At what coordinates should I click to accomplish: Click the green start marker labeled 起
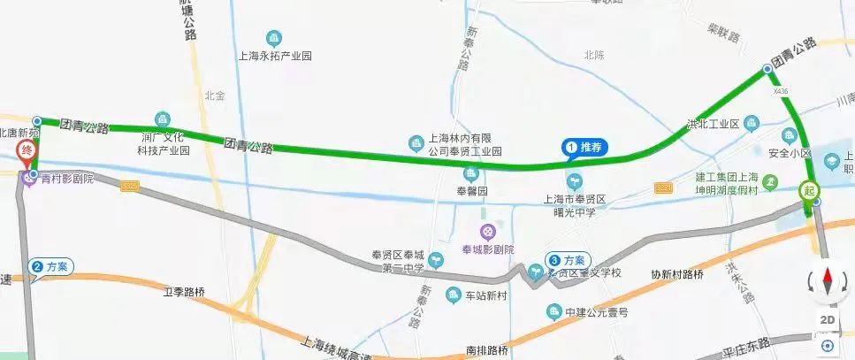(x=807, y=189)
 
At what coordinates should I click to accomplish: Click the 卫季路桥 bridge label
(x=184, y=290)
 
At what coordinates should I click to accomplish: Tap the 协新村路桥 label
(x=676, y=274)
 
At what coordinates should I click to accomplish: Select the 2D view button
(x=828, y=319)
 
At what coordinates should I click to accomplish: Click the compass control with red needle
(x=828, y=282)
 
